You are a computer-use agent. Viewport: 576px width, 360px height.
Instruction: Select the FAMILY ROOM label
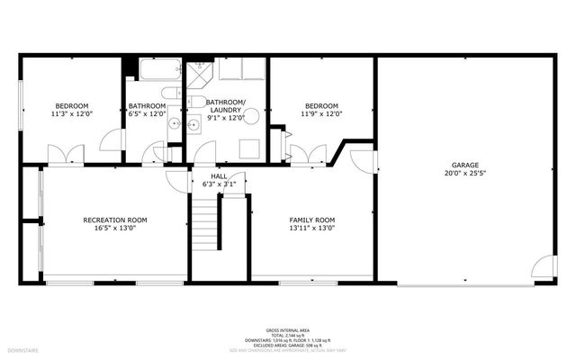[311, 220]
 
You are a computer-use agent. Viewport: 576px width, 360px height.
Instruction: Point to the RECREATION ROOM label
[115, 220]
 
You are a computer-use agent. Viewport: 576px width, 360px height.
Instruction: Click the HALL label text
[219, 176]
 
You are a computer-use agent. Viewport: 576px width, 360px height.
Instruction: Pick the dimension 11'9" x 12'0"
[320, 114]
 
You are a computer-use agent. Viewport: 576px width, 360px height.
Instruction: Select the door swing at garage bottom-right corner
[543, 268]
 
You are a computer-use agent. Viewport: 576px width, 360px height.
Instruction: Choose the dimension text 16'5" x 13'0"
[115, 229]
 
